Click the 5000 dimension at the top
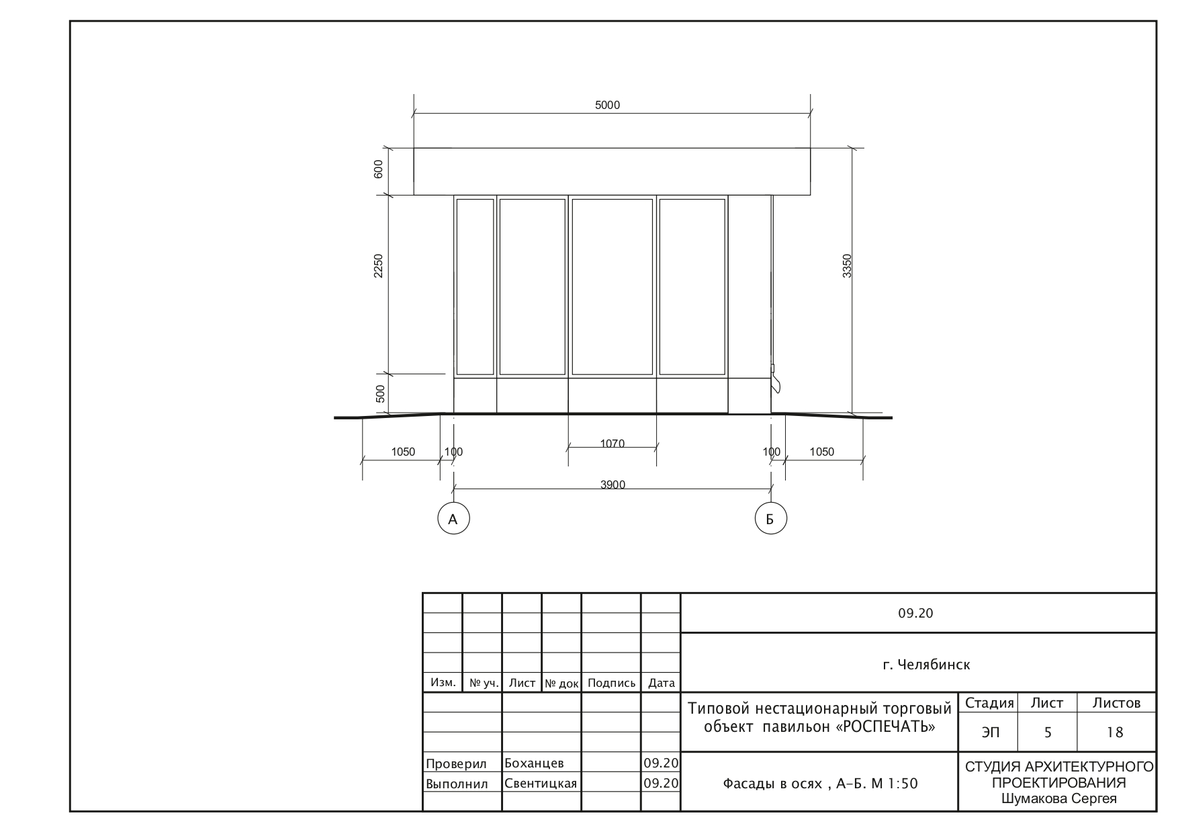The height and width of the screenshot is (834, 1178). pos(607,106)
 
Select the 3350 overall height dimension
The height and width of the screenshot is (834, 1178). pos(847,265)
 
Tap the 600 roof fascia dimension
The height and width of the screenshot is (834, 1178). pos(378,169)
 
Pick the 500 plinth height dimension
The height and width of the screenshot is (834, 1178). pos(380,394)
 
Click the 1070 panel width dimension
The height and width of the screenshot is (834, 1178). pos(612,444)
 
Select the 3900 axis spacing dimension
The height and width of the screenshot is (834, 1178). pos(613,485)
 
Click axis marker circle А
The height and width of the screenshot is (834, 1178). pos(453,518)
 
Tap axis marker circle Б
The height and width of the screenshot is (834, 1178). pos(770,518)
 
